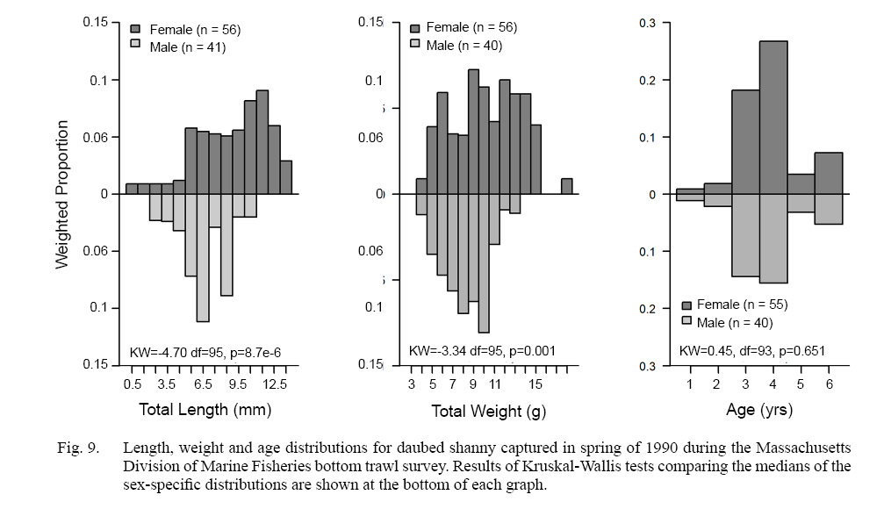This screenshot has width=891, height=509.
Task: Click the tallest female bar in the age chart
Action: pyautogui.click(x=773, y=117)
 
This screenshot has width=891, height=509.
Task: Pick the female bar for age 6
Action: pyautogui.click(x=829, y=173)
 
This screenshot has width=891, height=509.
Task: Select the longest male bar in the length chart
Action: pyautogui.click(x=203, y=258)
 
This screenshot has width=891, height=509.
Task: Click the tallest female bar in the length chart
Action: pyautogui.click(x=262, y=141)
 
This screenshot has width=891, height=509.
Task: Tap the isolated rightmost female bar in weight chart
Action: pyautogui.click(x=566, y=185)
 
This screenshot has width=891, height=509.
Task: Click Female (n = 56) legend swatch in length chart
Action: pyautogui.click(x=135, y=30)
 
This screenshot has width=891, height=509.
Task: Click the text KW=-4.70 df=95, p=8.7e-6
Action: pyautogui.click(x=205, y=352)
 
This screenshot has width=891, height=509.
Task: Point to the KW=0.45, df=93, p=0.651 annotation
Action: pyautogui.click(x=752, y=352)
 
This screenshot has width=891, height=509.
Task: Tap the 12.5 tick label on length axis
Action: pyautogui.click(x=275, y=384)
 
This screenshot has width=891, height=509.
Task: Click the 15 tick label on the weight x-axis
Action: pyautogui.click(x=535, y=384)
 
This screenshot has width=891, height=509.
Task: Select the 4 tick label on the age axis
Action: pyautogui.click(x=773, y=384)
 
